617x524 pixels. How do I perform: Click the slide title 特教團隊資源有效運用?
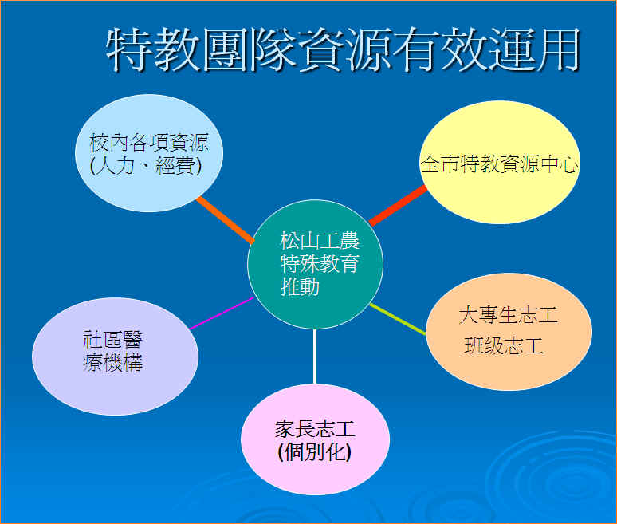click(x=343, y=49)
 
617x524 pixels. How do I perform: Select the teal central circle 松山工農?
click(x=315, y=265)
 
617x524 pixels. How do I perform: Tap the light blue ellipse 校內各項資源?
click(x=149, y=153)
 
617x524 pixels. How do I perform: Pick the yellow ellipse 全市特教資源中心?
click(x=500, y=162)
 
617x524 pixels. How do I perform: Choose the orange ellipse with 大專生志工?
click(x=509, y=332)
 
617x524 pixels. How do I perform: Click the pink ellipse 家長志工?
click(x=315, y=439)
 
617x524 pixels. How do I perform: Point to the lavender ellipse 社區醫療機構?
click(x=115, y=357)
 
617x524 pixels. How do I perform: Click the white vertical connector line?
click(x=315, y=357)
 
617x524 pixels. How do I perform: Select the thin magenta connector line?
click(x=222, y=313)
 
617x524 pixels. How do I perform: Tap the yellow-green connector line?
click(x=399, y=319)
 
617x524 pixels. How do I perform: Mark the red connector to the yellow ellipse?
click(x=399, y=206)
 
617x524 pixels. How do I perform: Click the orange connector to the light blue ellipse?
click(x=225, y=220)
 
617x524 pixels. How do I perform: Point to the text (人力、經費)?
click(x=146, y=165)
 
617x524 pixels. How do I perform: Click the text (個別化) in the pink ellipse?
click(x=314, y=452)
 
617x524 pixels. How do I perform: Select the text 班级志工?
click(x=504, y=346)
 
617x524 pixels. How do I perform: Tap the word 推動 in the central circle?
click(x=300, y=287)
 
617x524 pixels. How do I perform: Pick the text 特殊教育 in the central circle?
click(x=320, y=264)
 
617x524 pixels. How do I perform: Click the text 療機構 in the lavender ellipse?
click(x=113, y=362)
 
